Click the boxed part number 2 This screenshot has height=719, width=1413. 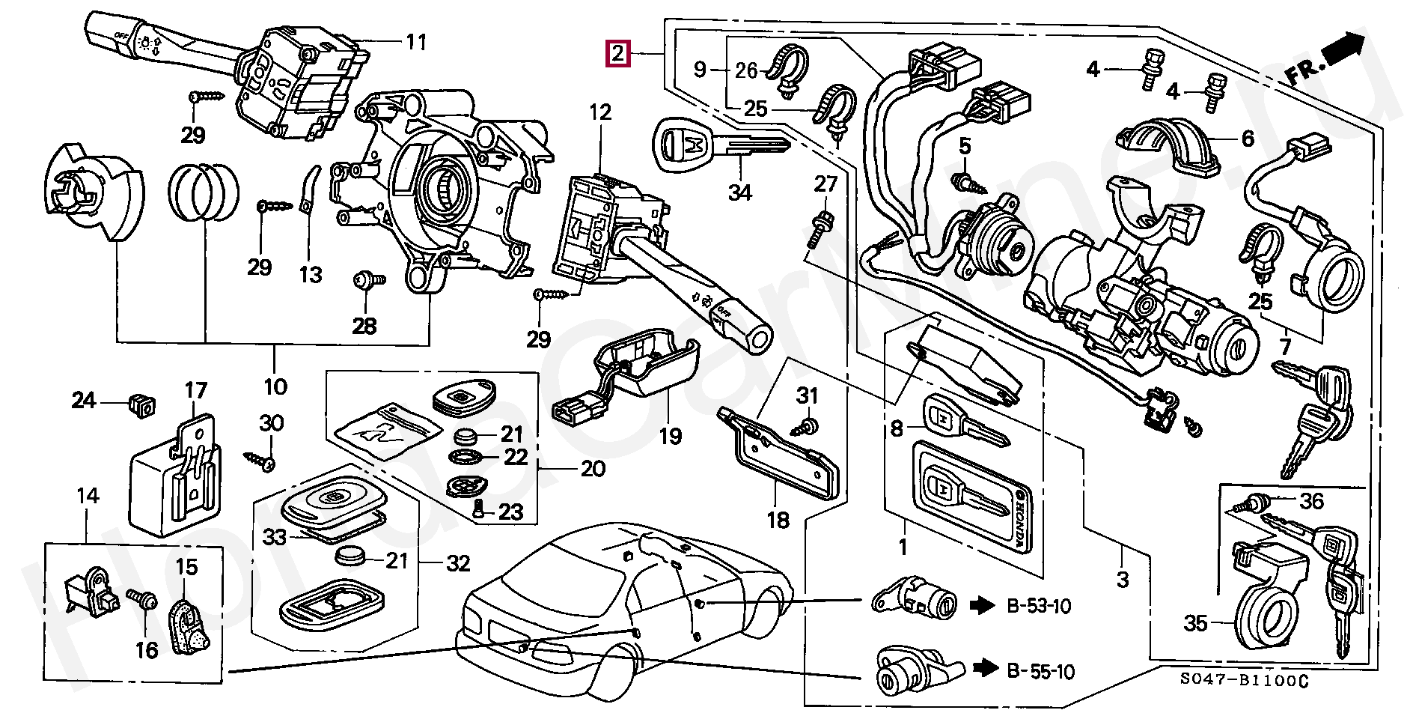[617, 54]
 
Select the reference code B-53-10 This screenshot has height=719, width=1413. [1039, 606]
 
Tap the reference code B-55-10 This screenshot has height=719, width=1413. [1040, 672]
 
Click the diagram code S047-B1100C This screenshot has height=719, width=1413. [1245, 680]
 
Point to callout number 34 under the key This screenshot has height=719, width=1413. [739, 192]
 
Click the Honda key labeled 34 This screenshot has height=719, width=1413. [718, 146]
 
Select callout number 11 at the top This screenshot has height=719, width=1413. [416, 42]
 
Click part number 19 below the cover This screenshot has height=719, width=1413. [670, 436]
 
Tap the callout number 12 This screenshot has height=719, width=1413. [600, 112]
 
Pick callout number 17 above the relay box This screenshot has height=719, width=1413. [195, 391]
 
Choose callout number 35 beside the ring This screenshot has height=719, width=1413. [1196, 623]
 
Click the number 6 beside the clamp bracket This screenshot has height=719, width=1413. [1248, 139]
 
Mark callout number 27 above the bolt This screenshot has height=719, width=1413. [825, 183]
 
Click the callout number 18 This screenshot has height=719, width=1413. [778, 520]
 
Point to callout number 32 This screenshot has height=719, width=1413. [458, 563]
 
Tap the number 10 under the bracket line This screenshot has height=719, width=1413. [275, 386]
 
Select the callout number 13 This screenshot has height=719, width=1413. [311, 275]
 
